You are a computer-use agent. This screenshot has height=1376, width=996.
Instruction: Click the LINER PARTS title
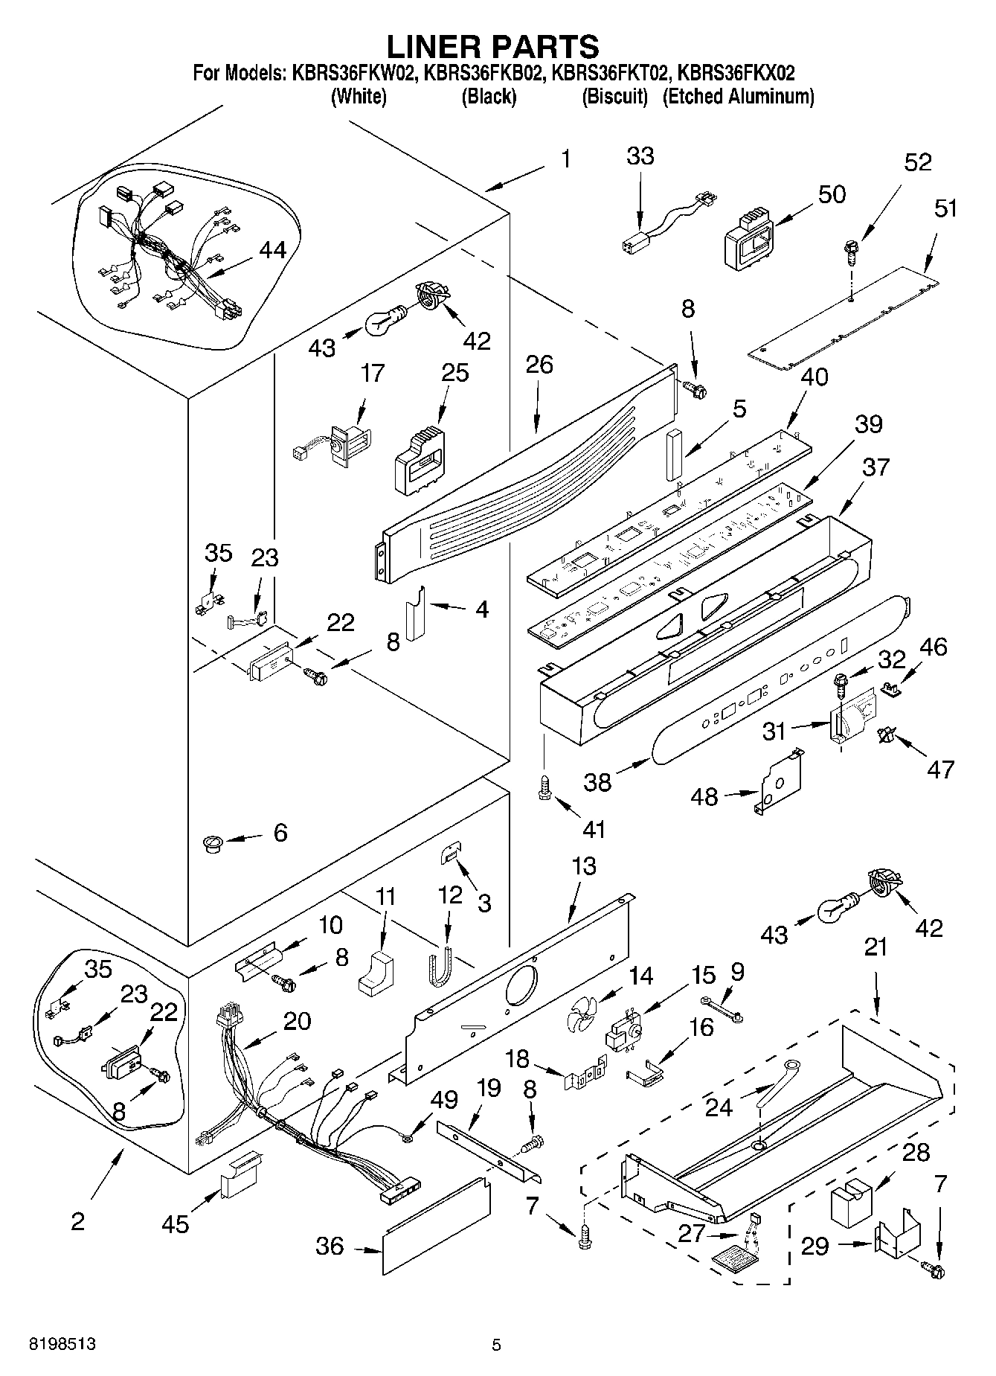coord(492,46)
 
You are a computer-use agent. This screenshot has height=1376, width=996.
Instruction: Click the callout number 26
coord(539,365)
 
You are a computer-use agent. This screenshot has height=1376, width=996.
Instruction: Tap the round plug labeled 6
coord(213,843)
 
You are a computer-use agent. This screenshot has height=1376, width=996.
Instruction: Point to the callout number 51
coord(945,208)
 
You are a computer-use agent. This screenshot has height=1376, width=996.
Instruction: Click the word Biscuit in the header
coord(614,97)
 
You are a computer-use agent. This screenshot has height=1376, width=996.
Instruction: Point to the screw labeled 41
coord(544,786)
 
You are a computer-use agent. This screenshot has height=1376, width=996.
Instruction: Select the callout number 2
coord(78,1221)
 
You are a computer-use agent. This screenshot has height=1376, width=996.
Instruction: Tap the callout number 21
coord(876,947)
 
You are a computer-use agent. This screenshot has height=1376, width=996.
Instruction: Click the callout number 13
coord(584,866)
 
